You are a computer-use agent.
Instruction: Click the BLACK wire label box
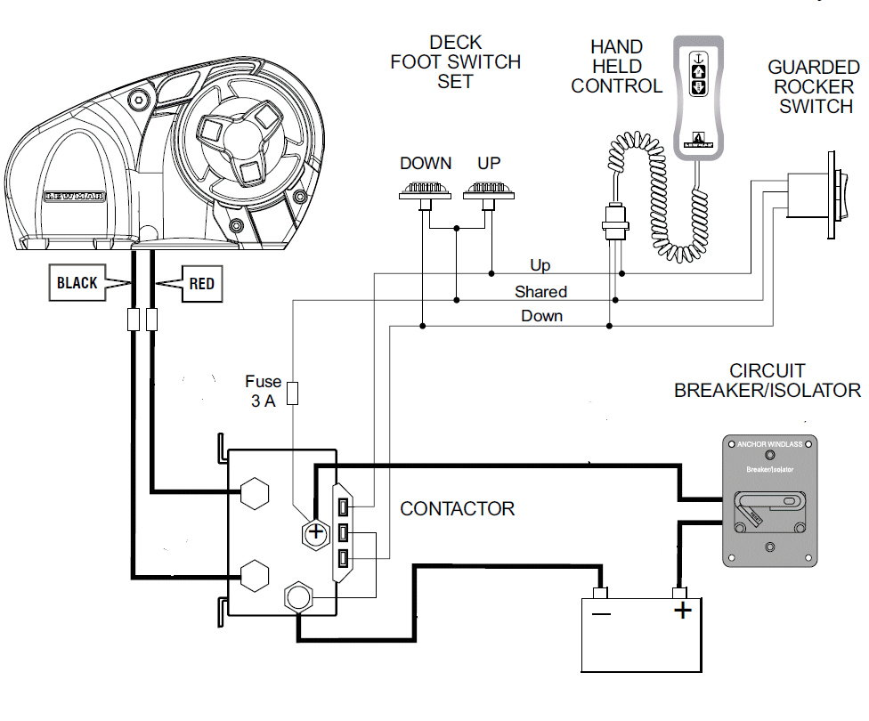77,284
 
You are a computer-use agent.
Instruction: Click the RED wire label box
201,284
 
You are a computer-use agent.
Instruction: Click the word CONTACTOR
457,509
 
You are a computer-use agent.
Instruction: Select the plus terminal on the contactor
314,532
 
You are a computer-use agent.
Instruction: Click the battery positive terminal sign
682,611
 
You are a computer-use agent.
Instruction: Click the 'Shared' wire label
540,291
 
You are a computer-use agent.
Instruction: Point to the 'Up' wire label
540,266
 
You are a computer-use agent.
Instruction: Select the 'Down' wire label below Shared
541,315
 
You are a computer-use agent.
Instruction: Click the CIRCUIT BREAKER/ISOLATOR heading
767,380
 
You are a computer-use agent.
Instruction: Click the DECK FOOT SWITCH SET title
454,62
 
